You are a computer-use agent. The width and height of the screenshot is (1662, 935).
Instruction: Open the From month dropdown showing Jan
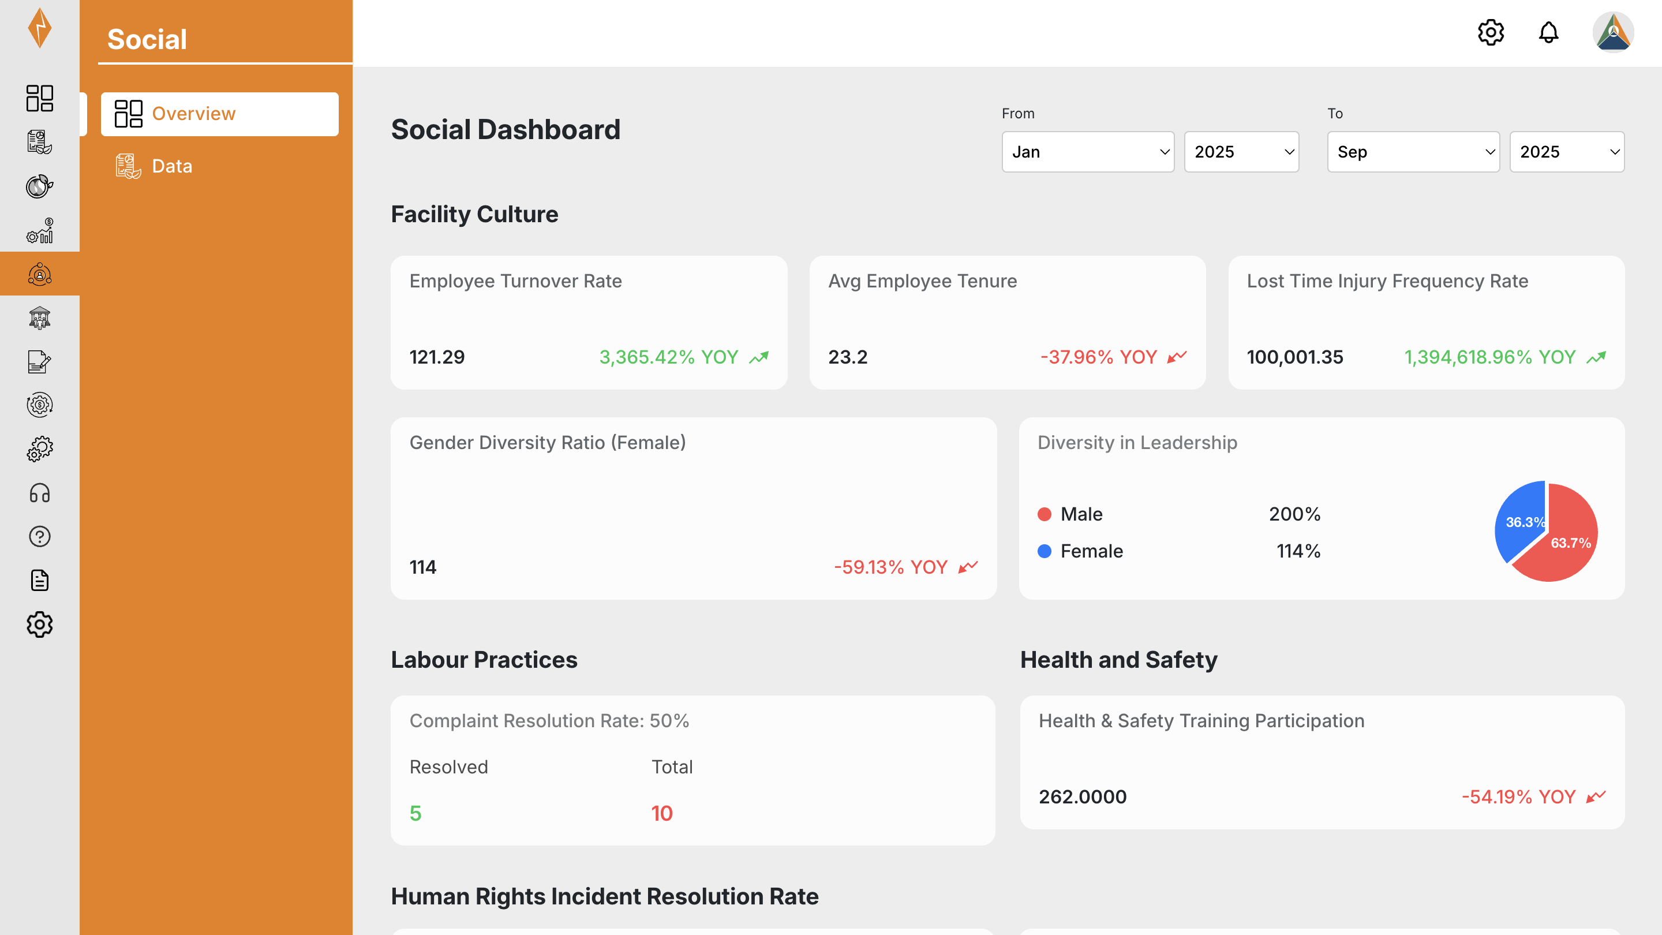1088,152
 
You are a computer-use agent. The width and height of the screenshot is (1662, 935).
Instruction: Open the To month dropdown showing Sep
1413,152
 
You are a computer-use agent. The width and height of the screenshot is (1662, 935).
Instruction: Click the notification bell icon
1548,32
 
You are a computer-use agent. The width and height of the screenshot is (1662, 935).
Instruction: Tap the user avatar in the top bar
1613,32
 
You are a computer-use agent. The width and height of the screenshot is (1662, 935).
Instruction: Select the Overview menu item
219,114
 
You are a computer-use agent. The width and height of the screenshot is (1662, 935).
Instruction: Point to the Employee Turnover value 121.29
437,357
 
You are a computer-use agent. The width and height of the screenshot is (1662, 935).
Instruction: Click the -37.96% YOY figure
1098,357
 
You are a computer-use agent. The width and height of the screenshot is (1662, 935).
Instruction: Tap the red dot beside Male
1045,514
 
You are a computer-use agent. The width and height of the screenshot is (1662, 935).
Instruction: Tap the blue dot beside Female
1045,551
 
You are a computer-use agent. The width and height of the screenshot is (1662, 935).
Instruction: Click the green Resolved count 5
415,813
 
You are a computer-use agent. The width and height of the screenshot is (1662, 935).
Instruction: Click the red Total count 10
662,813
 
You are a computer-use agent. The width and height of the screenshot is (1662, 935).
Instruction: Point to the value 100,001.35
1295,357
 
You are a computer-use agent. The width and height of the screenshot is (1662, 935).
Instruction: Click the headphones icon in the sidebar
39,493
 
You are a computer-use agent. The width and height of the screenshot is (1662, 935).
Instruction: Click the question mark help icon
39,537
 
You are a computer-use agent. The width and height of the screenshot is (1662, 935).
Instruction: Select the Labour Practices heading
484,660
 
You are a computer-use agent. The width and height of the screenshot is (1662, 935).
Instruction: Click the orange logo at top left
39,28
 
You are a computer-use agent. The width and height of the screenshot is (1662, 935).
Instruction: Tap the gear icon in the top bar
1491,32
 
